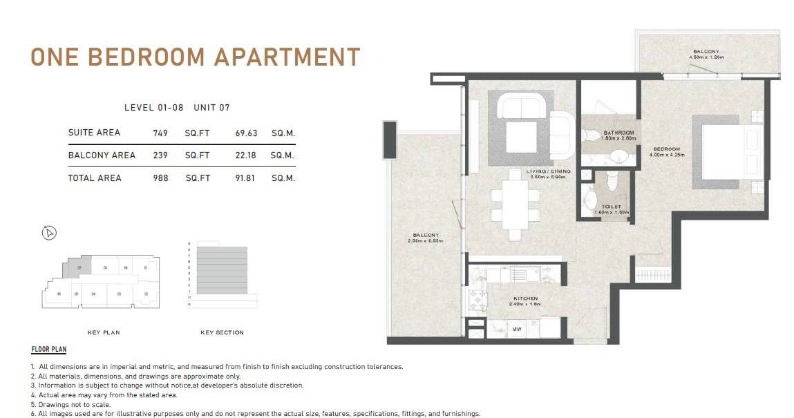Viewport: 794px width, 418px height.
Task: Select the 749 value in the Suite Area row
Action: coord(160,133)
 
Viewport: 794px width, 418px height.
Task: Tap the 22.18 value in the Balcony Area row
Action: coord(245,155)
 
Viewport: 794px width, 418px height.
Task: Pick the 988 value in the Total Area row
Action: coord(160,178)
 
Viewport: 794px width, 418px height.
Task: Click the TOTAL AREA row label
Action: coord(94,178)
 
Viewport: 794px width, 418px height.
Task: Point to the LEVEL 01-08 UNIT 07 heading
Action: coord(177,108)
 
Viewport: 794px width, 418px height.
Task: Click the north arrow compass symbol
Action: coord(49,233)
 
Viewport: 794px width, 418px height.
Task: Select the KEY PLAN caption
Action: coord(104,333)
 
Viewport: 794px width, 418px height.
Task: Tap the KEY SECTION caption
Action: coord(222,333)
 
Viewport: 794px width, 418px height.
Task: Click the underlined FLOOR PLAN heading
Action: coord(49,350)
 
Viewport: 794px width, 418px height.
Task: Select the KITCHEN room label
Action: coord(525,298)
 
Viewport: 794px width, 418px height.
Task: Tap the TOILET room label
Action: coord(612,207)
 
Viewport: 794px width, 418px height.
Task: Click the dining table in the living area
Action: coord(515,205)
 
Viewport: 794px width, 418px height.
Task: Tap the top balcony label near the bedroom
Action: coord(706,52)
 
